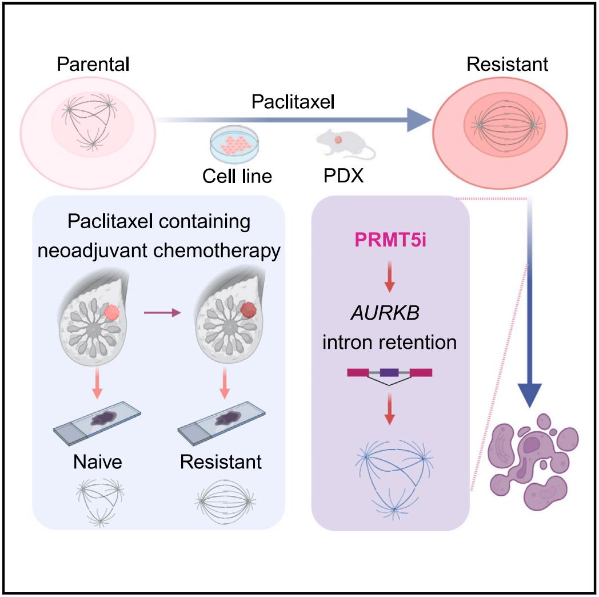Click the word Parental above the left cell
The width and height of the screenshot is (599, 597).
pos(93,63)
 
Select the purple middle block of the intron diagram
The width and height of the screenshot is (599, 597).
pos(389,372)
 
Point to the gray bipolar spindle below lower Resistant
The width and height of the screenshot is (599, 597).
pos(221,500)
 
